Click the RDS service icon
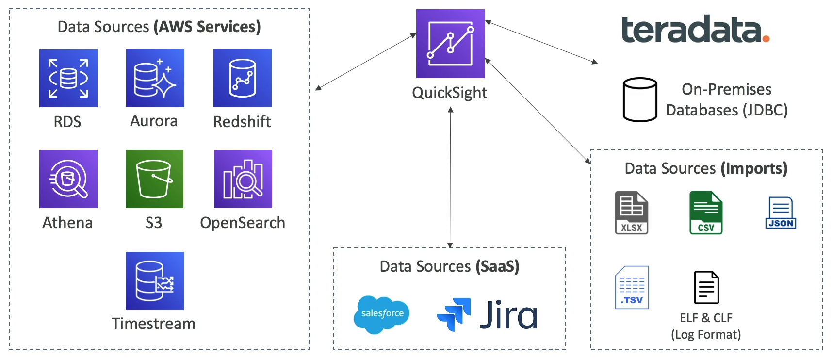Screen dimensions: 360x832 click(x=68, y=78)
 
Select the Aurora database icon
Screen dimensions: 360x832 click(x=155, y=78)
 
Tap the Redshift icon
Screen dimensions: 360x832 click(x=243, y=78)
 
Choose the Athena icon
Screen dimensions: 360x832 click(x=68, y=179)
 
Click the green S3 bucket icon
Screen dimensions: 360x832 click(x=154, y=179)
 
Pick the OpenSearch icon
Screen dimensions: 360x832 click(x=243, y=179)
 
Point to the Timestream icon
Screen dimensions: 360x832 click(x=155, y=281)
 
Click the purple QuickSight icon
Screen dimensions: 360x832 click(x=450, y=44)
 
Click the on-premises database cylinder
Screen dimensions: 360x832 click(x=640, y=99)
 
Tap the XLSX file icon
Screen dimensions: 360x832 click(x=632, y=213)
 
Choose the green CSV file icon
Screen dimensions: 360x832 click(x=706, y=213)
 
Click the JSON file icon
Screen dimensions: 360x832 click(x=781, y=213)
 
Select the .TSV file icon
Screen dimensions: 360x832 click(x=632, y=287)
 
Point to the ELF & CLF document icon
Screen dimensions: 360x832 click(x=706, y=287)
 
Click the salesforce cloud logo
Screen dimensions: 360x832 click(x=382, y=314)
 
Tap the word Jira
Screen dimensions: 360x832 click(x=508, y=315)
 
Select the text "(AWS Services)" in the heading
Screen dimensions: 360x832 click(x=207, y=27)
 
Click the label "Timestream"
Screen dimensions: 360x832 click(x=153, y=324)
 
